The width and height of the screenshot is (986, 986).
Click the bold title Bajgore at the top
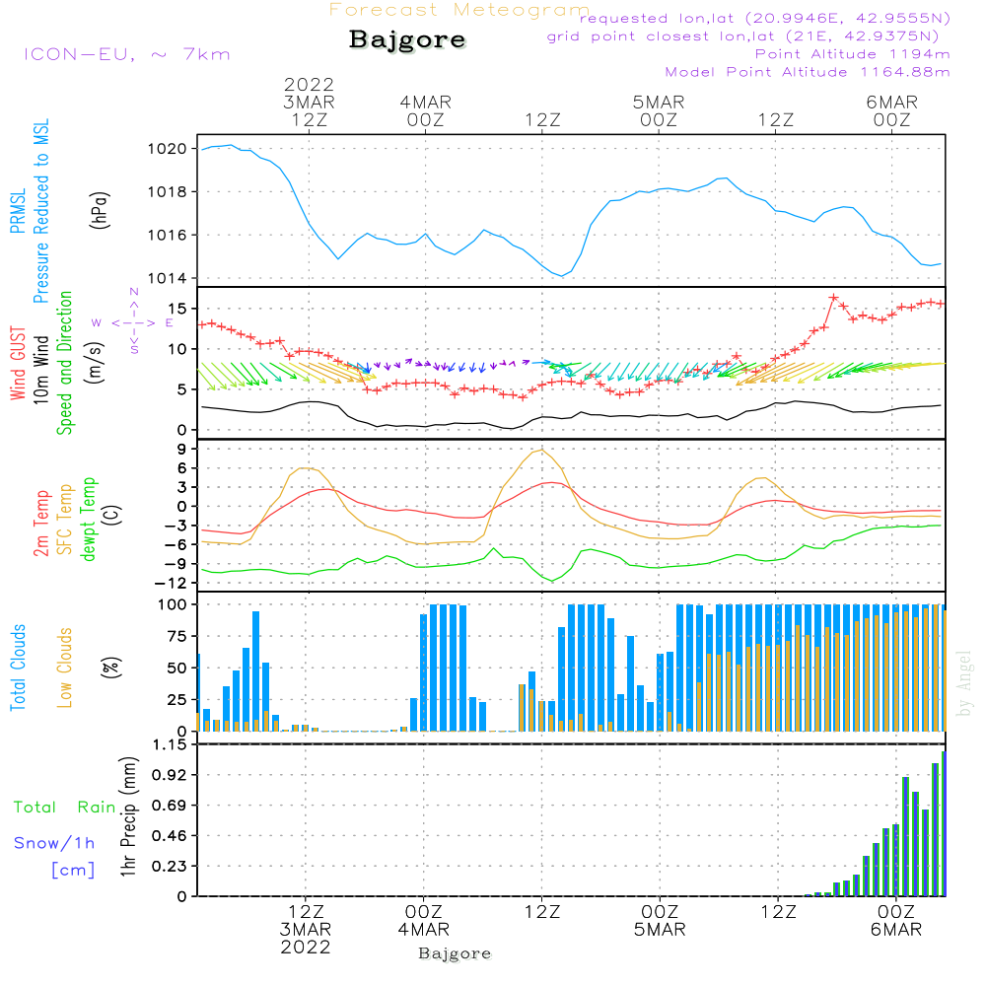(x=406, y=40)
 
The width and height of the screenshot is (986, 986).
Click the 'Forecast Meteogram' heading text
(x=459, y=10)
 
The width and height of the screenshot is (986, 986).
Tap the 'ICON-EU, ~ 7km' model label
(x=126, y=54)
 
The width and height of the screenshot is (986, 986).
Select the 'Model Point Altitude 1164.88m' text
(x=808, y=72)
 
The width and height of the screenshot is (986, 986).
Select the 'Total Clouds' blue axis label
(x=18, y=668)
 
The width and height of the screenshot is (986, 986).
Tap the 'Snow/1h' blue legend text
(x=55, y=843)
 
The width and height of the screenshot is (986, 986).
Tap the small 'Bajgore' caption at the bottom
(x=455, y=953)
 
